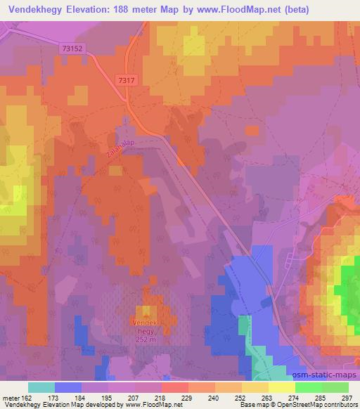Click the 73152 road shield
point(73,48)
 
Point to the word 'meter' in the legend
point(10,398)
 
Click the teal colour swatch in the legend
point(41,387)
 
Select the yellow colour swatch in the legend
point(282,387)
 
